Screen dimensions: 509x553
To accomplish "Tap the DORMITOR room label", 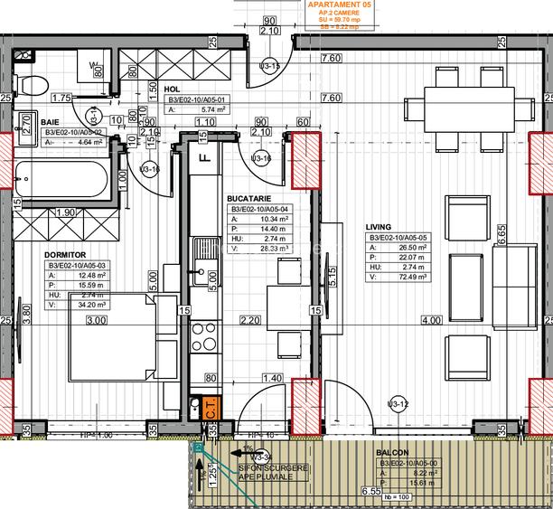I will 66,255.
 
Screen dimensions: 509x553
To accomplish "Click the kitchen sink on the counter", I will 201,269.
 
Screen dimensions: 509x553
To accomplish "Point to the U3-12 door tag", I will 398,403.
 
